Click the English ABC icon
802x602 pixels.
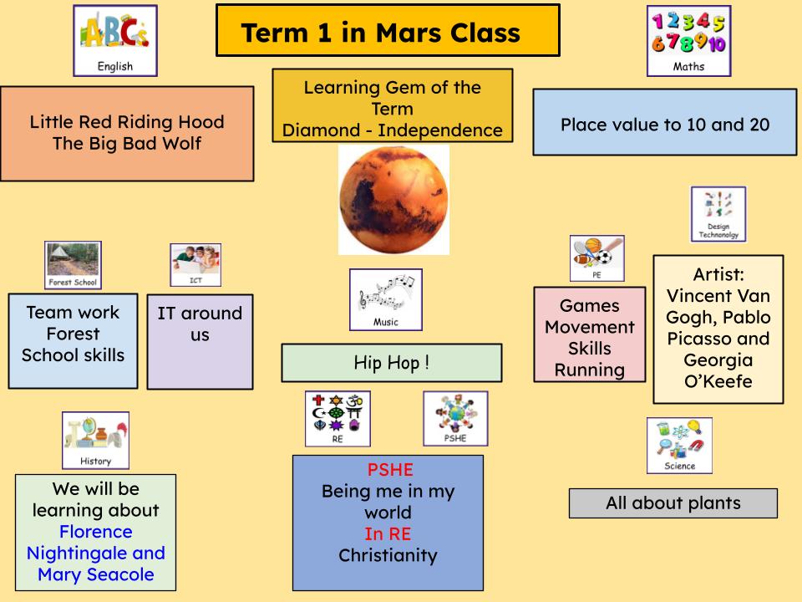click(x=115, y=40)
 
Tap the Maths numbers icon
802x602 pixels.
click(x=688, y=40)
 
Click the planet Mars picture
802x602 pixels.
click(x=393, y=200)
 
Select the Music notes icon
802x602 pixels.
click(x=385, y=299)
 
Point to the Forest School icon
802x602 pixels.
click(x=73, y=265)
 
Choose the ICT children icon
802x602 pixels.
click(x=195, y=265)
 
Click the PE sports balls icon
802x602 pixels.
click(x=596, y=258)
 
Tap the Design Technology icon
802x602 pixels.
click(x=718, y=214)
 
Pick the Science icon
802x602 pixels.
click(x=679, y=446)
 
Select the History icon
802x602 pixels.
click(x=95, y=440)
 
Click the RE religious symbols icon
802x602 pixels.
click(x=338, y=418)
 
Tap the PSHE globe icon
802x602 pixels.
click(x=455, y=418)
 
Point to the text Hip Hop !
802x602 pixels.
click(x=392, y=363)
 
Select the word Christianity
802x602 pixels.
click(x=388, y=555)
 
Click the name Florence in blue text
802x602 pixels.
click(x=95, y=532)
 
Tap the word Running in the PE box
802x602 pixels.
click(x=590, y=370)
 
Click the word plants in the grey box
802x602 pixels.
click(x=710, y=503)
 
